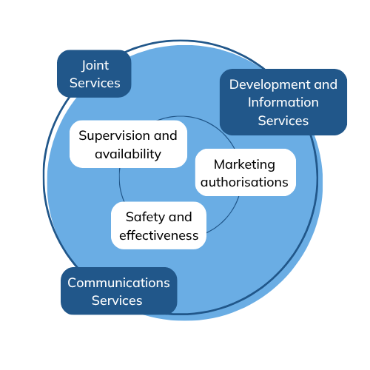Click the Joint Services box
click(94, 74)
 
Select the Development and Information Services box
click(283, 102)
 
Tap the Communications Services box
click(119, 291)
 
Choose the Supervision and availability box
click(128, 144)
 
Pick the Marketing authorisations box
click(246, 172)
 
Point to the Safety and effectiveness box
click(158, 226)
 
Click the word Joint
click(95, 66)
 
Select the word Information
click(283, 102)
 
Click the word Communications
click(118, 283)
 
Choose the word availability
click(128, 154)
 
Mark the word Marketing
click(244, 164)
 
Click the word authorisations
click(244, 183)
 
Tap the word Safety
click(145, 218)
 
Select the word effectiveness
click(159, 235)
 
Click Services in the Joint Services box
click(95, 83)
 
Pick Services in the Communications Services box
click(117, 300)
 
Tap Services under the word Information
click(283, 121)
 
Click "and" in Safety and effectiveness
click(181, 218)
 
